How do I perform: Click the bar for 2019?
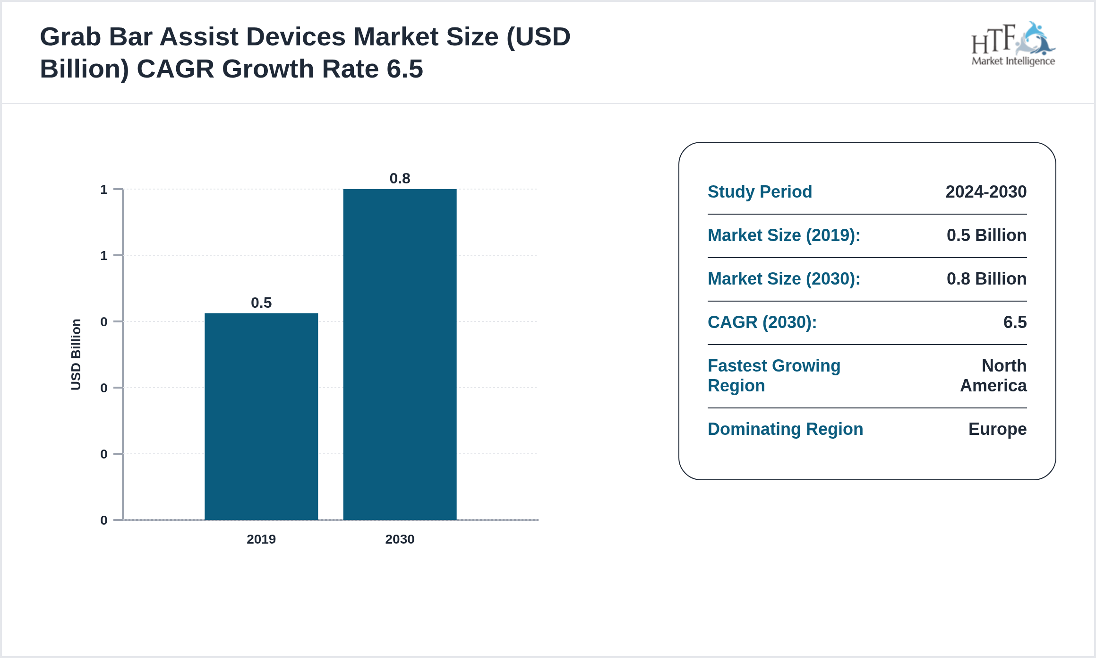pos(261,416)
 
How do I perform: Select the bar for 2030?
pos(400,355)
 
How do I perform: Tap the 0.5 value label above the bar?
pos(261,303)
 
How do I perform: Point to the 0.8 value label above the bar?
pos(400,178)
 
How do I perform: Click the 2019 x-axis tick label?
pos(261,539)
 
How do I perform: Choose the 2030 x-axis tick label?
pos(400,539)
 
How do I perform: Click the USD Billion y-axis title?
pos(76,355)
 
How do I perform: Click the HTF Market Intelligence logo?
pos(1013,43)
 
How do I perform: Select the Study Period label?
pos(760,192)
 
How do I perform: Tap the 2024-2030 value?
pos(986,192)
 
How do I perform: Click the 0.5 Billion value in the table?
pos(986,235)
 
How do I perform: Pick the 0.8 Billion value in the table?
pos(986,279)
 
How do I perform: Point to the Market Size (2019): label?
pos(784,235)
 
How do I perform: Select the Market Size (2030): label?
pos(784,279)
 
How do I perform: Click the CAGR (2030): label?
pos(762,322)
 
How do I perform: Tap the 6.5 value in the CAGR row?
pos(1015,322)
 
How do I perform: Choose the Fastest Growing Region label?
pos(774,376)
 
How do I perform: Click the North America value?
pos(993,376)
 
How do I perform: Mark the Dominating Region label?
pos(785,429)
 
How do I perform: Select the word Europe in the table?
pos(997,429)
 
